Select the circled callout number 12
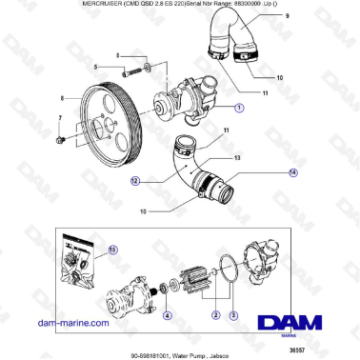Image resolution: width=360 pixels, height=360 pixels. click(x=136, y=179)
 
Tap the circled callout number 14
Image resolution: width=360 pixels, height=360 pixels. click(x=265, y=172)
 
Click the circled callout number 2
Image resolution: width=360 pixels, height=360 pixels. click(x=216, y=315)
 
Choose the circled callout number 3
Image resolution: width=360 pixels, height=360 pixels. click(x=235, y=315)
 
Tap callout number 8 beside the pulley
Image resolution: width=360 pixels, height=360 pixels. click(x=63, y=98)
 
